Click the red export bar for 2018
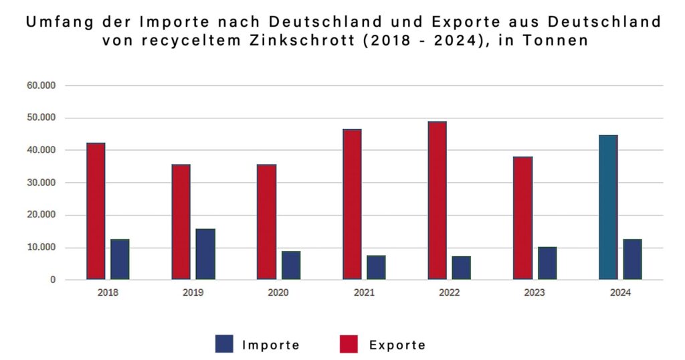(96, 211)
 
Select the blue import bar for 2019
(205, 254)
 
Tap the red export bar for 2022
(437, 200)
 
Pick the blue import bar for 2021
(376, 267)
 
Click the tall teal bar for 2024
(608, 207)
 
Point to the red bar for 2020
(266, 221)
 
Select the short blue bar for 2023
(547, 263)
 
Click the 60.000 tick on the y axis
(41, 86)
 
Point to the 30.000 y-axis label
(41, 183)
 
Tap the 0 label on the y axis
(52, 280)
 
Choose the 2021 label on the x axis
(364, 293)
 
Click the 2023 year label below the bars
(534, 293)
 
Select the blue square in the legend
(224, 344)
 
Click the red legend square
(349, 344)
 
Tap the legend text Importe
(271, 345)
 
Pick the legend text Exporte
(397, 345)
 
